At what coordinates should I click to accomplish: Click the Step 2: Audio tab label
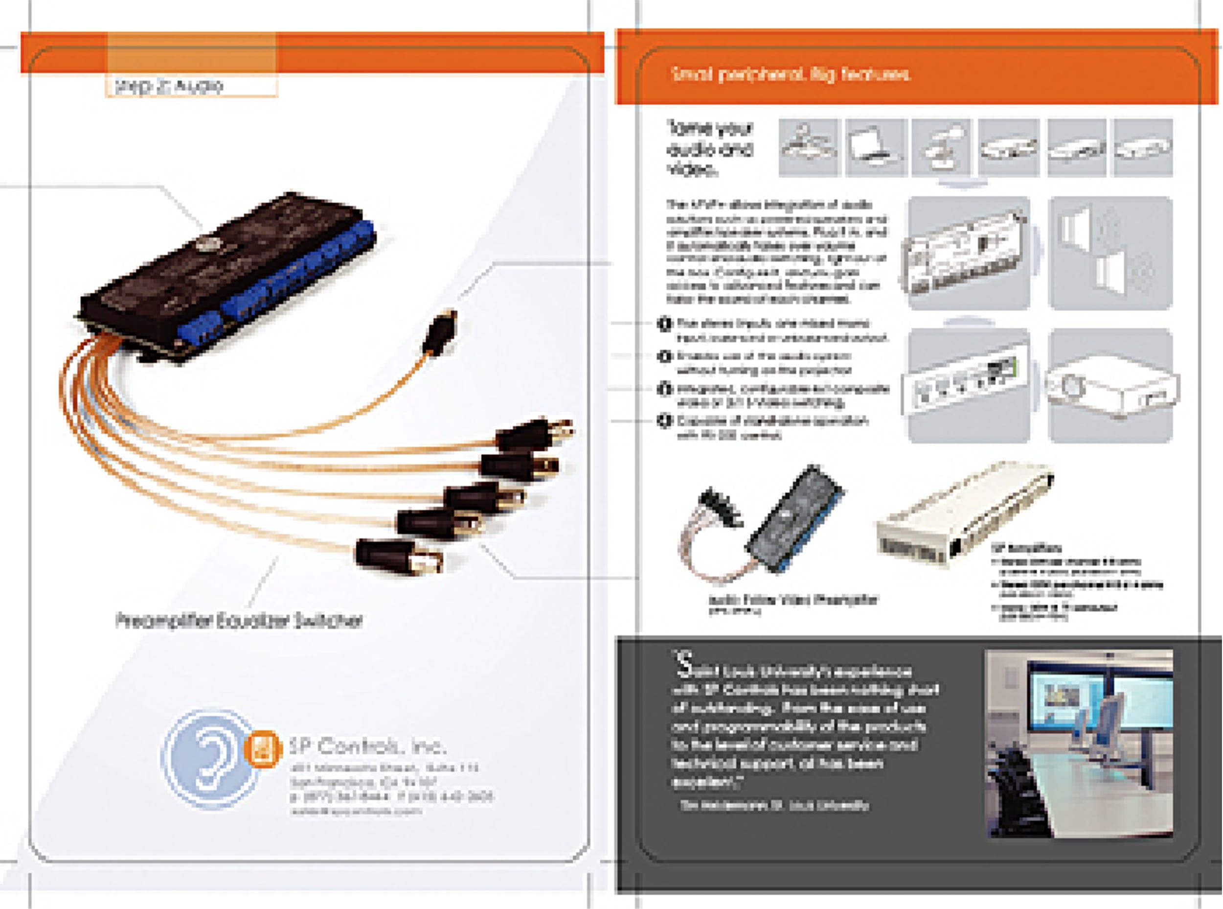(x=169, y=86)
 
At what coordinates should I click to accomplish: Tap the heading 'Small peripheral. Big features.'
(x=791, y=74)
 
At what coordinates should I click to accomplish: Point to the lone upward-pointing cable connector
(x=442, y=332)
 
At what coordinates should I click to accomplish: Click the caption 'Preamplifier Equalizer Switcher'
(x=239, y=621)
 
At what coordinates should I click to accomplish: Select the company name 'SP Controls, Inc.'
(x=367, y=746)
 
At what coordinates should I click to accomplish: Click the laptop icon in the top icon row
(x=876, y=147)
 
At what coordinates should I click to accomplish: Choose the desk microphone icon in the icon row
(x=941, y=147)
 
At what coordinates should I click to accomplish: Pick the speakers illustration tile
(x=1110, y=253)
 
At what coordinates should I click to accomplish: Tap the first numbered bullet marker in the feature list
(x=664, y=324)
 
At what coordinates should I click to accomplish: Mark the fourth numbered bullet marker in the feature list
(x=664, y=421)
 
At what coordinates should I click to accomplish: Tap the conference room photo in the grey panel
(x=1079, y=744)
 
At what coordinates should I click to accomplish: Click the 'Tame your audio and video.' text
(x=709, y=149)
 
